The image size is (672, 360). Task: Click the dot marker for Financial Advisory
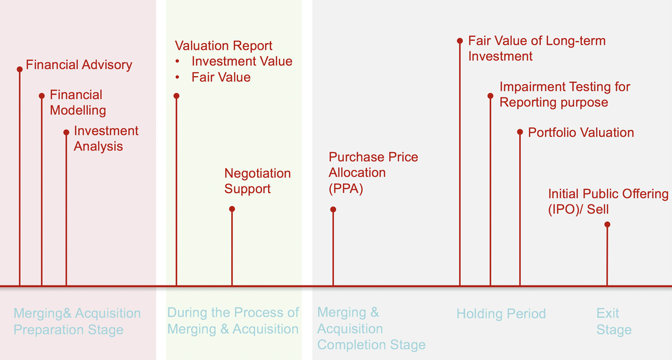coord(20,69)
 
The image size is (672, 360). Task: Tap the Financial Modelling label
coord(78,102)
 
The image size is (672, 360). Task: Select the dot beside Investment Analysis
coord(66,132)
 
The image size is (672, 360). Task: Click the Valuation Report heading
coord(223,46)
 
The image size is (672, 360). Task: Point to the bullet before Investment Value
coord(178,61)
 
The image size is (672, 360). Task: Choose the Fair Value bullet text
coord(221,77)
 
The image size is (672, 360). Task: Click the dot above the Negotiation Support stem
coord(232,209)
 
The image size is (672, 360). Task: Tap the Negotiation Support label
coord(258,181)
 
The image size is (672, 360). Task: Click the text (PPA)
coord(346,189)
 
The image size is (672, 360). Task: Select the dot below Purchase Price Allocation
coord(333,209)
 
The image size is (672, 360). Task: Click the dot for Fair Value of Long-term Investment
coord(460,41)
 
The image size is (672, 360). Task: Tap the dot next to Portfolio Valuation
coord(520,132)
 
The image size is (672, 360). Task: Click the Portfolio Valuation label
coord(581,133)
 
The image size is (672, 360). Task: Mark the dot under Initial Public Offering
coord(607,225)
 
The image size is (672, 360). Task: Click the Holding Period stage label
coord(501,314)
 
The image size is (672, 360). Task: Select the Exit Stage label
coord(614,321)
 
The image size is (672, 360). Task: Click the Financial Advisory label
coord(79,65)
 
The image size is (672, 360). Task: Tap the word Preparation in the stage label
coord(48,330)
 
